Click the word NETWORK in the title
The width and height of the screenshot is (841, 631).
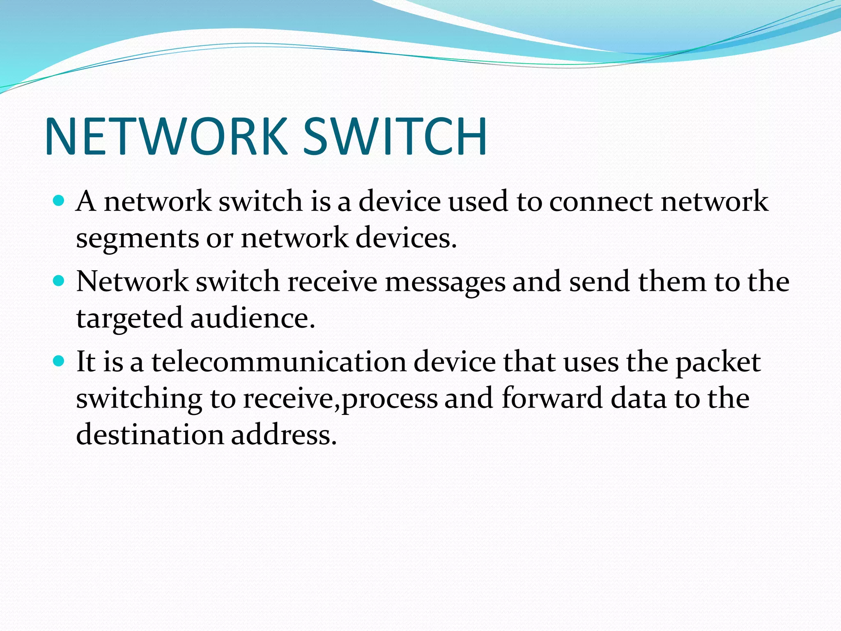[166, 136]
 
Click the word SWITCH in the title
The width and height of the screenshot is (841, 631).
[395, 136]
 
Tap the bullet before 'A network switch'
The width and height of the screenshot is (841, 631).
[59, 201]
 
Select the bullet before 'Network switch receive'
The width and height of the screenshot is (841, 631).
[59, 281]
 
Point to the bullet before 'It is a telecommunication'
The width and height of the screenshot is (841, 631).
[59, 361]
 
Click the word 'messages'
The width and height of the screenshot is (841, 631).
[445, 283]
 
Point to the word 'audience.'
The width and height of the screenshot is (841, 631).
[253, 318]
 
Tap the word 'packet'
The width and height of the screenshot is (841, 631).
[718, 363]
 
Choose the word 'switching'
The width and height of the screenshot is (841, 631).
[139, 399]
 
